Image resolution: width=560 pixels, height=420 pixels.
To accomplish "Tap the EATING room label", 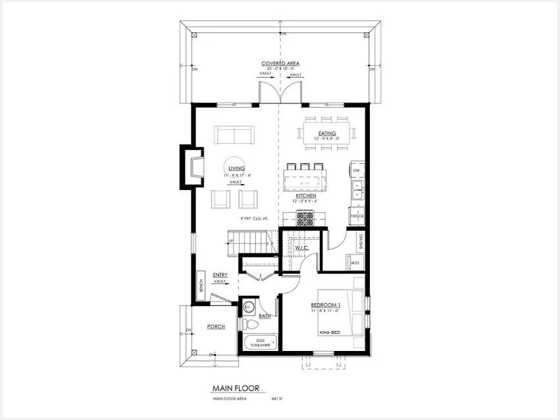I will point(327,133).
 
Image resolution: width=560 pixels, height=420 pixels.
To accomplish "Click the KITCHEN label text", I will point(306,196).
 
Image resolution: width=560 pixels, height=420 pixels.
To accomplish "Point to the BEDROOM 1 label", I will point(325,306).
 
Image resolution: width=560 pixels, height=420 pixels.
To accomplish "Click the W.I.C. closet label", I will point(302,248).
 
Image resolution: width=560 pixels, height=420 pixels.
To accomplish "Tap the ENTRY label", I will point(220,275).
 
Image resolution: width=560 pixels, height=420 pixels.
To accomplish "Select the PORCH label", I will point(216,326).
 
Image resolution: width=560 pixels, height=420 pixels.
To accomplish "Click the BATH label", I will point(265,317).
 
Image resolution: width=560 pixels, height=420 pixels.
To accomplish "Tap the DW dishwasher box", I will point(356,171).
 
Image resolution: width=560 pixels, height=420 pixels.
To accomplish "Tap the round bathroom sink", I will point(249,306).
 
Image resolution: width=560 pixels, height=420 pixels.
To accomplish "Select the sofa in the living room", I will point(234,135).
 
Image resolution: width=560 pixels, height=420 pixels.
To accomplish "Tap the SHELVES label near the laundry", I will point(361,241).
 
